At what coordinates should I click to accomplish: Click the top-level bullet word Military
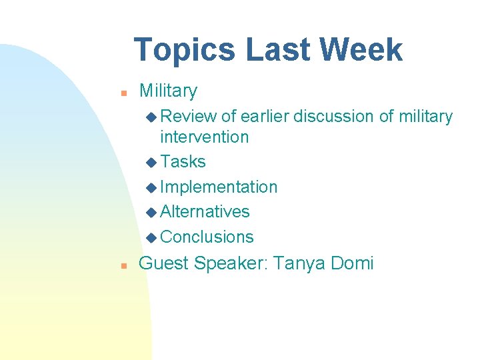168,91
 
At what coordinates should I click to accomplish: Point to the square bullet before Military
123,93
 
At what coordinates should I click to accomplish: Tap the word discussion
333,117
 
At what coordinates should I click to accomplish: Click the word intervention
204,137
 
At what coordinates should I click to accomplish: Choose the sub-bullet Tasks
183,162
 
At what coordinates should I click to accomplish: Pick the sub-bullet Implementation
219,187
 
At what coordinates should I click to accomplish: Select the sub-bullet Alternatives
205,212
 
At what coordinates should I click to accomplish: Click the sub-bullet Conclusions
207,237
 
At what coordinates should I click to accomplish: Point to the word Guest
163,263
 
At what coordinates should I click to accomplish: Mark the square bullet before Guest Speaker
123,265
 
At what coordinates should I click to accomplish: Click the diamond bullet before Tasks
151,163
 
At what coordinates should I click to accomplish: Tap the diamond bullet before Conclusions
151,237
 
